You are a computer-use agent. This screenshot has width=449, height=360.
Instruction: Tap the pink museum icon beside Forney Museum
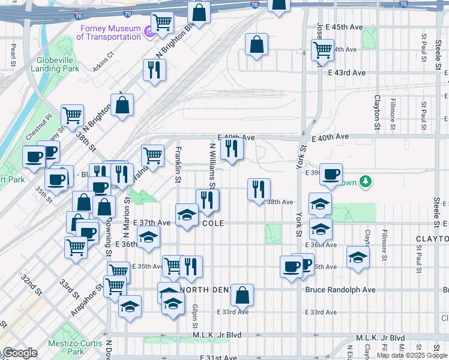[148, 31]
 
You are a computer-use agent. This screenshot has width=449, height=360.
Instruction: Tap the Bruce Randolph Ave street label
[340, 290]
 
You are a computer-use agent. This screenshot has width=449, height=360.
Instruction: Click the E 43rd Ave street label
[346, 73]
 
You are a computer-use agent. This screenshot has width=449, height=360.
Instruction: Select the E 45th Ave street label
[345, 28]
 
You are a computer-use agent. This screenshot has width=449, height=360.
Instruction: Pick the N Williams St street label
[212, 164]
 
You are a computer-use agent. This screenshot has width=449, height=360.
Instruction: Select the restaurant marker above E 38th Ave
[259, 189]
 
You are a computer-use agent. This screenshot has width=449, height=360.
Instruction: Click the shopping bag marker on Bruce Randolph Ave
[242, 295]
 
